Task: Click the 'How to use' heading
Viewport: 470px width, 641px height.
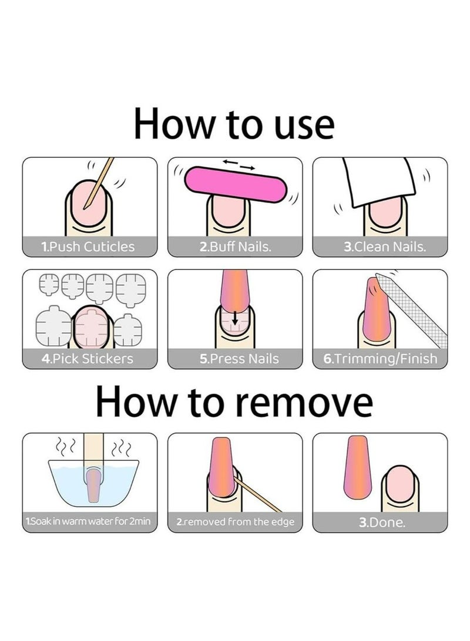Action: [x=234, y=124]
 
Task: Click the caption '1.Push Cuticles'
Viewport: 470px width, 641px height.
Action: [x=89, y=247]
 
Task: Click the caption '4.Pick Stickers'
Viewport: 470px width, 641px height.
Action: [x=88, y=359]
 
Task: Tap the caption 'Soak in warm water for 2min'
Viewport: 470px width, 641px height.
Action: [x=89, y=521]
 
